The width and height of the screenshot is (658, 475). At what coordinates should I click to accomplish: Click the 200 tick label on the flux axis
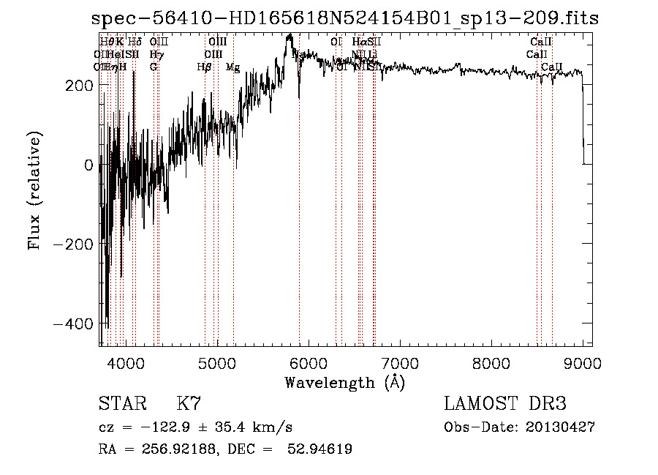tap(78, 86)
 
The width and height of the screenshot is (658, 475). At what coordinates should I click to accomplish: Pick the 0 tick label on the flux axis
tap(88, 165)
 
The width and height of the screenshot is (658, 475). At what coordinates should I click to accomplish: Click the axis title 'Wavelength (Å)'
tap(344, 382)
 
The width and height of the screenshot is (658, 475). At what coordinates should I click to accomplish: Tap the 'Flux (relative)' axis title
tap(35, 190)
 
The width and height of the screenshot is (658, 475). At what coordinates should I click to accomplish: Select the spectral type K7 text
tap(189, 404)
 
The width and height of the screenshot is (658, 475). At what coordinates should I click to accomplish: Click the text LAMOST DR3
tap(505, 404)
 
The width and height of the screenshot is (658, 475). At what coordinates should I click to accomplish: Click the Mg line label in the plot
tap(232, 67)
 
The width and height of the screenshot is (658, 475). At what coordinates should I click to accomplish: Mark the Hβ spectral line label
tap(204, 67)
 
